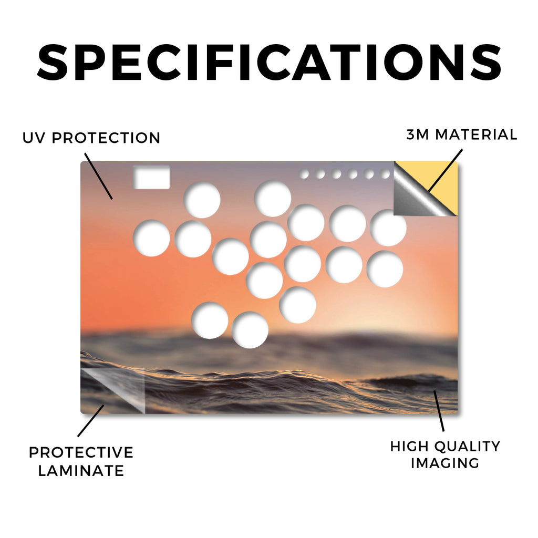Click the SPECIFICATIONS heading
pos(269,62)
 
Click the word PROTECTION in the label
pos(106,138)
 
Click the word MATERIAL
pos(476,134)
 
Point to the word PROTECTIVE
pos(81,452)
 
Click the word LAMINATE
pos(81,471)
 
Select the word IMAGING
pos(445,463)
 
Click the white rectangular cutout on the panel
pos(151,178)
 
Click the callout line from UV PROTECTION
pos(98,176)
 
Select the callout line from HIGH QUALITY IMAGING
pos(439,411)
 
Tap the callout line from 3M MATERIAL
pos(446,170)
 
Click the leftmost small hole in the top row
pos(304,174)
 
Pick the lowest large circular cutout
pos(250,330)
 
